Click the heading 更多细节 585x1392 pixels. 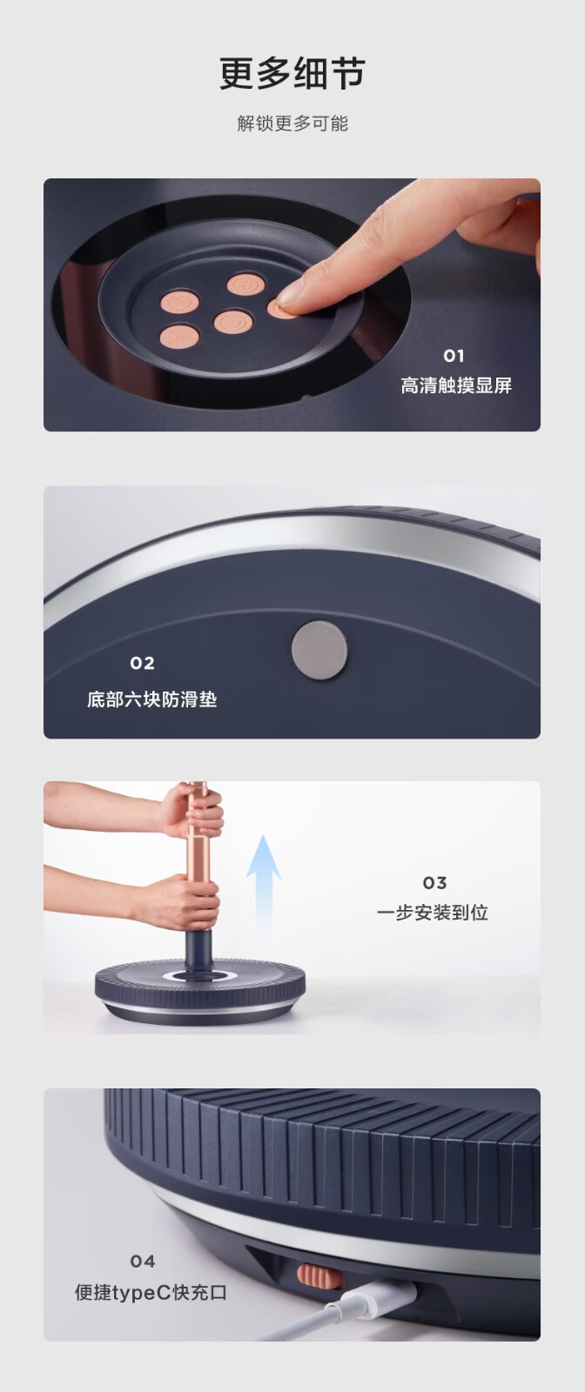point(292,74)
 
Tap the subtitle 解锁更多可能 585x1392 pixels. point(292,123)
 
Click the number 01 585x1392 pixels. point(454,356)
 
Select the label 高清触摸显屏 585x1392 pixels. point(455,385)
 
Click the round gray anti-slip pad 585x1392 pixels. point(319,650)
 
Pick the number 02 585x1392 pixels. point(143,663)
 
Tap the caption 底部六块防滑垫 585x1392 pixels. point(151,699)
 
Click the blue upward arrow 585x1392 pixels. point(265,882)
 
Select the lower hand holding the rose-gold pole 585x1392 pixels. point(180,901)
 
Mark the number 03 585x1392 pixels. point(434,883)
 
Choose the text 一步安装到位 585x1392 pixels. point(432,913)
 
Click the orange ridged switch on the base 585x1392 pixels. point(319,1275)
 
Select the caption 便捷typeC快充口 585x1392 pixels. point(151,1293)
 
